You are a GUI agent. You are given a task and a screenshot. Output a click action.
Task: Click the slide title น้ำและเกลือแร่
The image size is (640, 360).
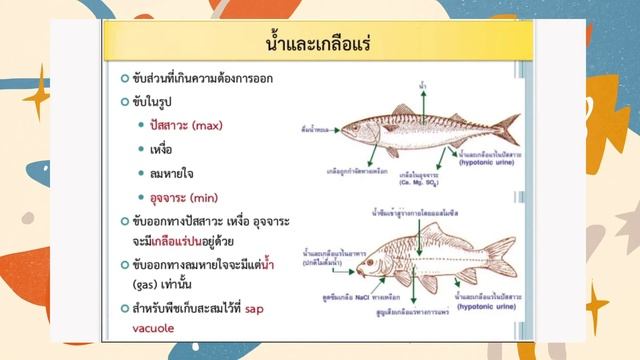[x=319, y=43]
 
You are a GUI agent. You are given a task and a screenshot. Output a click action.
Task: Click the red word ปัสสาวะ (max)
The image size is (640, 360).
[x=186, y=125]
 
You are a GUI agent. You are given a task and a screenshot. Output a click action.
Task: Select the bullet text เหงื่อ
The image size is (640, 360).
[x=159, y=149]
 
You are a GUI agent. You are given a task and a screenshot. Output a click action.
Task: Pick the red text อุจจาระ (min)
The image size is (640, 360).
[x=185, y=197]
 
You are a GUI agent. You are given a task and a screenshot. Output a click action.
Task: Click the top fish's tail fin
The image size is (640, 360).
[x=507, y=128]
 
